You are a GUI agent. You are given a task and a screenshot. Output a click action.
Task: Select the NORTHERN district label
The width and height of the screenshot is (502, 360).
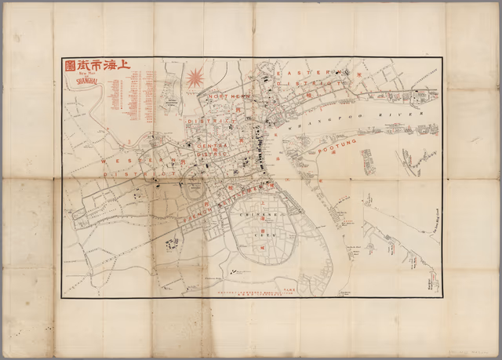[228, 96]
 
